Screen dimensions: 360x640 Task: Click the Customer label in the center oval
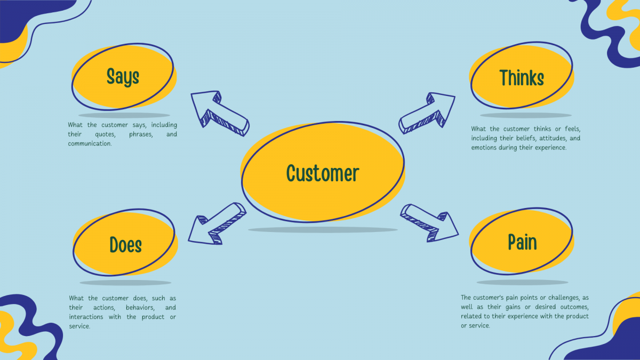[x=322, y=173]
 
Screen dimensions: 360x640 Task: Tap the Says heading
[x=123, y=76]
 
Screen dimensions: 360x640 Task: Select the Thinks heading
[x=522, y=78]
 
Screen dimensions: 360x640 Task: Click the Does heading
[x=126, y=245]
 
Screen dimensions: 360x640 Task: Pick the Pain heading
[x=522, y=242]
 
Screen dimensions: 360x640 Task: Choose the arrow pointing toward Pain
[x=430, y=222]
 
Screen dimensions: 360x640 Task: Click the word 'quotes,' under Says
[x=106, y=134]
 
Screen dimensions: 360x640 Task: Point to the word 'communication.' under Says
[x=90, y=143]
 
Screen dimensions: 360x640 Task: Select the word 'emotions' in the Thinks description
[x=484, y=147]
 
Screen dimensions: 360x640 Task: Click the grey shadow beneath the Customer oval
[x=322, y=230]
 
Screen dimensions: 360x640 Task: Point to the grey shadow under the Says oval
[x=124, y=115]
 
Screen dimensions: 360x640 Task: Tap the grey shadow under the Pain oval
[x=522, y=282]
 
